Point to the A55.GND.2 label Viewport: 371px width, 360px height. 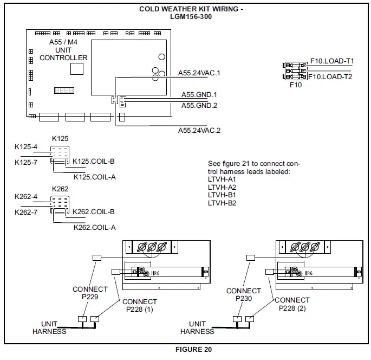pos(199,105)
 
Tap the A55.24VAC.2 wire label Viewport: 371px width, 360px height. pos(199,130)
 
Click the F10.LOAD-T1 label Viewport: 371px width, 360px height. pos(331,62)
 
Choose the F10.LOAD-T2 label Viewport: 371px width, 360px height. pos(331,77)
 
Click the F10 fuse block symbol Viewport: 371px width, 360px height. pos(296,70)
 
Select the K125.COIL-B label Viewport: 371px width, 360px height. pos(94,162)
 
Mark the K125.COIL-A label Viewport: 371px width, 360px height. pos(95,176)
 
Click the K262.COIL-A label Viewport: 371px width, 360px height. pos(95,227)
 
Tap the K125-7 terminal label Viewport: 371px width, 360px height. pos(26,162)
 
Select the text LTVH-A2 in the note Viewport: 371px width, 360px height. pos(222,187)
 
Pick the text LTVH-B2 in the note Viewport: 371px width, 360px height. pos(222,203)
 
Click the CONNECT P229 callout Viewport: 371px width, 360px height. pos(90,293)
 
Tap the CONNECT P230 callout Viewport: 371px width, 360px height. pos(243,294)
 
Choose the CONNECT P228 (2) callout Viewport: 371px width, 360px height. pos(292,304)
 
